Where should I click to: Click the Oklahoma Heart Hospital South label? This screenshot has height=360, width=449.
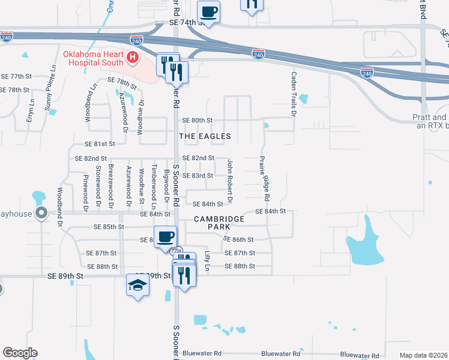tap(93, 58)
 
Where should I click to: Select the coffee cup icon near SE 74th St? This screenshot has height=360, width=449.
tap(208, 12)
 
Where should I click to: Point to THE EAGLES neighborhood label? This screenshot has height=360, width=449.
tap(205, 136)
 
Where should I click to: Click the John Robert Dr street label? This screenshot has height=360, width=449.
tap(229, 179)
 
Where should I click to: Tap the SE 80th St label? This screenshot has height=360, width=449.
tap(197, 121)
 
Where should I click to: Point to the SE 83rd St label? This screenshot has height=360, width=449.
tap(197, 175)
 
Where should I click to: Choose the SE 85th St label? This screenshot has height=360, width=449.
tap(109, 227)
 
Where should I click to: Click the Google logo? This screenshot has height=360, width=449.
tap(20, 353)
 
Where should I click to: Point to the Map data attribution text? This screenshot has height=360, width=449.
tap(424, 355)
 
